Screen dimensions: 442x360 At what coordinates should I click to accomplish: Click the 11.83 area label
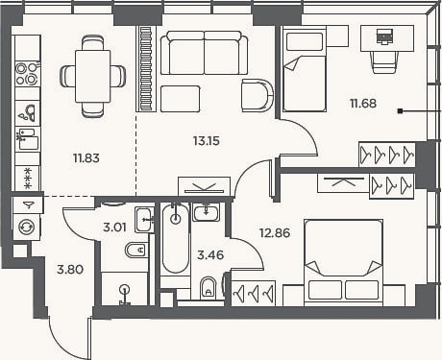click(86, 158)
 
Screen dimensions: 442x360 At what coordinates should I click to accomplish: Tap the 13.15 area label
click(207, 141)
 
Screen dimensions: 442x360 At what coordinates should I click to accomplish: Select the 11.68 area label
click(363, 104)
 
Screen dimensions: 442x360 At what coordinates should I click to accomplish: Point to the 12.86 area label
click(275, 233)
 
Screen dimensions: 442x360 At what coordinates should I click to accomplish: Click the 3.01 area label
click(114, 228)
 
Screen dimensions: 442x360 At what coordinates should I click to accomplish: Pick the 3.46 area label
click(210, 255)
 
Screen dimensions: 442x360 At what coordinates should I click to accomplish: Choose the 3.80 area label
click(70, 270)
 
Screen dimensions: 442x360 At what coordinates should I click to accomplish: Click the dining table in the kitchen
click(93, 76)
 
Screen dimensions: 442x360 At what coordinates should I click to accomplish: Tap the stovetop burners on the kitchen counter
click(28, 74)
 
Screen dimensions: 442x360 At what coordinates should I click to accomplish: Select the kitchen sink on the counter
click(28, 113)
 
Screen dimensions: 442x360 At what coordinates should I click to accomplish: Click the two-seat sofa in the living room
click(204, 53)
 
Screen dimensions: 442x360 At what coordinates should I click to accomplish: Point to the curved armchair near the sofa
click(258, 95)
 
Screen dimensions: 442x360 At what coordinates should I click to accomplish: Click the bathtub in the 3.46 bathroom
click(175, 238)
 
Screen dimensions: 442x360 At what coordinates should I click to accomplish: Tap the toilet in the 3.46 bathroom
click(208, 288)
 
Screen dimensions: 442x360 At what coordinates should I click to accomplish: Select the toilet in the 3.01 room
click(136, 250)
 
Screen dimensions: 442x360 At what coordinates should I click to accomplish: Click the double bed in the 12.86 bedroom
click(343, 262)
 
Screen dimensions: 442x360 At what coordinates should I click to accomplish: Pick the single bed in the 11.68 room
click(304, 70)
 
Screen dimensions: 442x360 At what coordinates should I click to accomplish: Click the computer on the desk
click(384, 36)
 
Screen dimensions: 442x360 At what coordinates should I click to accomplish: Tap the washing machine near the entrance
click(27, 227)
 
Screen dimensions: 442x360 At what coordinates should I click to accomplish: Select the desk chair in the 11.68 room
click(385, 61)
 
